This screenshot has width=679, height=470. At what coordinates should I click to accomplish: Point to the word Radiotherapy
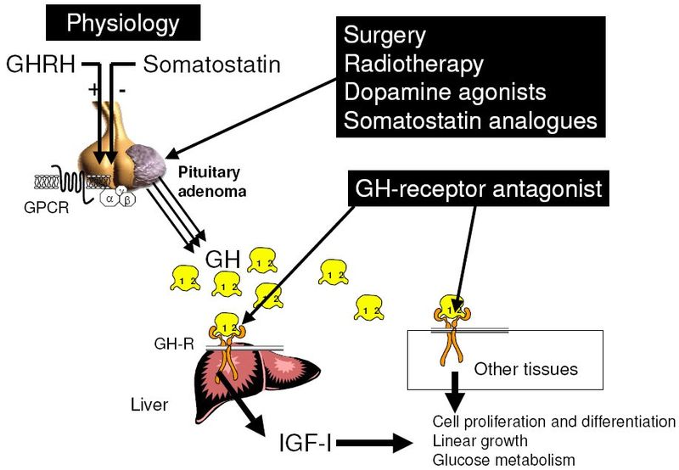click(413, 64)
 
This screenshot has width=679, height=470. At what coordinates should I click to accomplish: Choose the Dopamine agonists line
click(445, 92)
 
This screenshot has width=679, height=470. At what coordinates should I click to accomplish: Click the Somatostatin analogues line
click(469, 120)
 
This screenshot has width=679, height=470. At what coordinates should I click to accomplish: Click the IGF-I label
click(306, 444)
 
